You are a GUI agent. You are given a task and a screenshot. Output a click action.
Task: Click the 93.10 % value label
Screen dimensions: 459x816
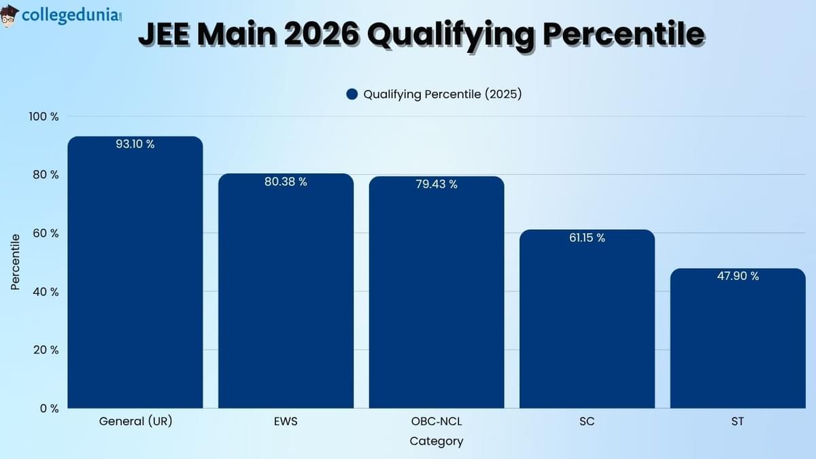click(135, 144)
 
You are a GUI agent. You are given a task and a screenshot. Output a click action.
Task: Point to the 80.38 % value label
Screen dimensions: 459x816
click(286, 182)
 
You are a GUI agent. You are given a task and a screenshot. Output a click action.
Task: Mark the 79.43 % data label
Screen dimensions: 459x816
click(437, 184)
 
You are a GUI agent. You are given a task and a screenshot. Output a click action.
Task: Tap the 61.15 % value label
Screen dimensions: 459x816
click(587, 238)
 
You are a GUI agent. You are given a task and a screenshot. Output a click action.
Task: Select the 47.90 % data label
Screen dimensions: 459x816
click(738, 276)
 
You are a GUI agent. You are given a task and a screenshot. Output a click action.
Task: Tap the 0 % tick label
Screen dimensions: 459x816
click(50, 409)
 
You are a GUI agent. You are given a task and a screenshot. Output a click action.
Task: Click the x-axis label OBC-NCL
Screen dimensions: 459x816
click(437, 422)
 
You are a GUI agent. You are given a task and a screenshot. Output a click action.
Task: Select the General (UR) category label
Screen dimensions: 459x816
click(135, 422)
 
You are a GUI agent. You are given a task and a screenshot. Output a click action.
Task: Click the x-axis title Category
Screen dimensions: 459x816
click(437, 441)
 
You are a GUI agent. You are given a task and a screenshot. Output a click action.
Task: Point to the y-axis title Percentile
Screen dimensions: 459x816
click(16, 262)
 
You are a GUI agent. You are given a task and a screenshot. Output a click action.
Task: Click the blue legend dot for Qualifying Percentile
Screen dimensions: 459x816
click(352, 95)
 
